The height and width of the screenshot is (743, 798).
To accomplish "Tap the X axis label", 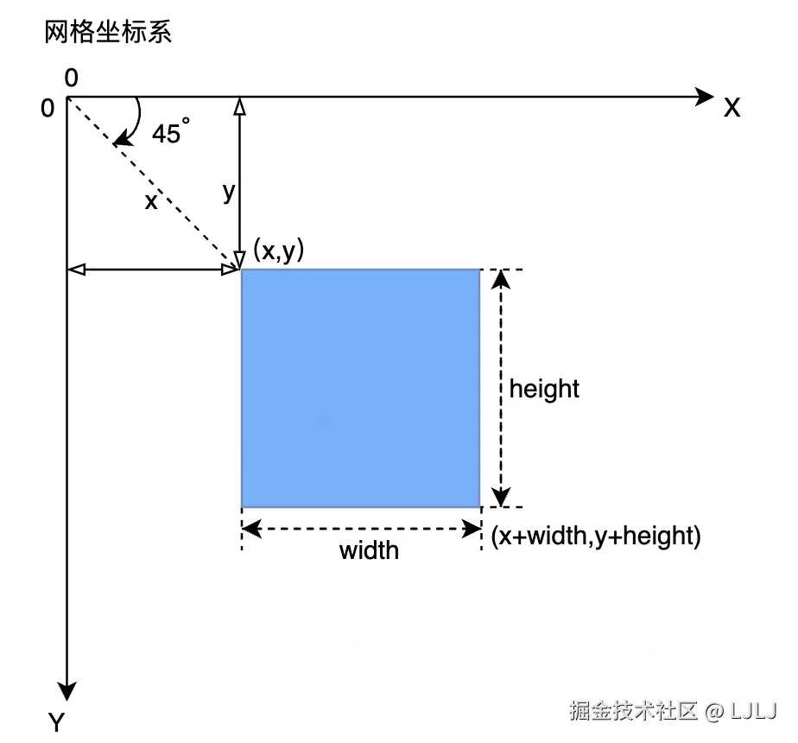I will (732, 108).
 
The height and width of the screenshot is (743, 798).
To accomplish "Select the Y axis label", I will (57, 722).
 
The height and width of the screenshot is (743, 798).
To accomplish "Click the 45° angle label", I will (170, 133).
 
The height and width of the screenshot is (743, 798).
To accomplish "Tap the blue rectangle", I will (360, 388).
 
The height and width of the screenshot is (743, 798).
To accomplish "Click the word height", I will (544, 389).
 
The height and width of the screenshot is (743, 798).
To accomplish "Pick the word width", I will (369, 550).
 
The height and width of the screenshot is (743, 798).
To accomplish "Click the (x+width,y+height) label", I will (596, 536).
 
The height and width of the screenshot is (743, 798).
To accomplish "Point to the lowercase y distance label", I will (228, 192).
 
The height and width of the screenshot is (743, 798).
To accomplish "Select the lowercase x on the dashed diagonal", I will (151, 201).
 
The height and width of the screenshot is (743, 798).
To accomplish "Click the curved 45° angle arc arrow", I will (134, 121).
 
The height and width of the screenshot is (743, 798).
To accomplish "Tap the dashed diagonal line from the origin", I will (181, 211).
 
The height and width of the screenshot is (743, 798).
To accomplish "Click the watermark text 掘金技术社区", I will (632, 711).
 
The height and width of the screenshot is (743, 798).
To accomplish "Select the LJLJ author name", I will (754, 711).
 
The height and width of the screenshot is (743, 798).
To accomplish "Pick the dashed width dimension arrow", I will (361, 529).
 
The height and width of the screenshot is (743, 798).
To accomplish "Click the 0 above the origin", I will (71, 79).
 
